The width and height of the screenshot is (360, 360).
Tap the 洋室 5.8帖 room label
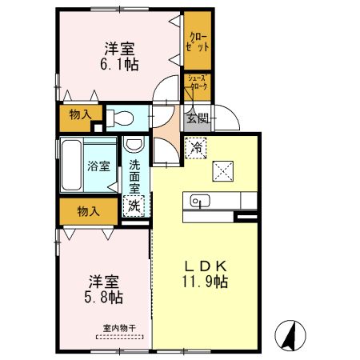tap(105, 290)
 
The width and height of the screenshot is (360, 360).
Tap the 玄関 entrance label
tap(198, 118)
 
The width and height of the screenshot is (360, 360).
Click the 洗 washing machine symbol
tap(133, 205)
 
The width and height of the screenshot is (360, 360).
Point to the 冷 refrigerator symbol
tap(196, 147)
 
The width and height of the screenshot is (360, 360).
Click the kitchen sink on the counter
tap(200, 201)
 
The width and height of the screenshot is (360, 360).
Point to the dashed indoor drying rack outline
tap(121, 338)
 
